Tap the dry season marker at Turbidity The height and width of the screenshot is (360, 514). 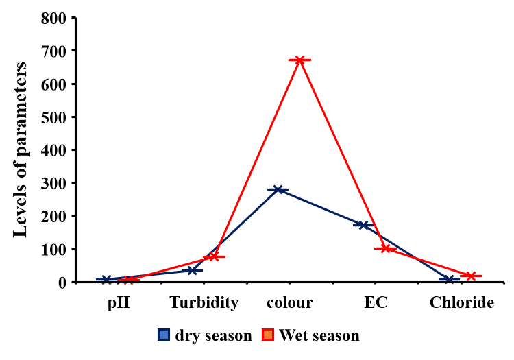[192, 270]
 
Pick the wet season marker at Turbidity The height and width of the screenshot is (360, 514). [213, 256]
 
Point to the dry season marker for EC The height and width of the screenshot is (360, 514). [363, 225]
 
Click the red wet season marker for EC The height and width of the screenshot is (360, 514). [386, 248]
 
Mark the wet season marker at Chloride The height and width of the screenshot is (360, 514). [471, 276]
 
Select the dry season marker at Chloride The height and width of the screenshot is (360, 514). [449, 279]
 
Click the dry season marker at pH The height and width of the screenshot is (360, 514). [107, 279]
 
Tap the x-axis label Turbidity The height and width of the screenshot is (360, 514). [204, 302]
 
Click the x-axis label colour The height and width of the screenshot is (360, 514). [290, 302]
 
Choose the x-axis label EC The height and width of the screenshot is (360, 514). [376, 302]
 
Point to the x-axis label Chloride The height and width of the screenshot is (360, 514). [461, 302]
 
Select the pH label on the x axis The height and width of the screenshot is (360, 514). [119, 302]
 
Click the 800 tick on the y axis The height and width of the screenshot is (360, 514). [53, 18]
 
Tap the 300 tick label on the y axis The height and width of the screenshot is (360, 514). [53, 183]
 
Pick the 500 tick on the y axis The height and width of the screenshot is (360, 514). [53, 117]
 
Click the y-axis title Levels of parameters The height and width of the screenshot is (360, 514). [21, 149]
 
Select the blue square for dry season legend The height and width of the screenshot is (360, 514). [164, 335]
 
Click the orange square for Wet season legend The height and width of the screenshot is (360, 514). [269, 335]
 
